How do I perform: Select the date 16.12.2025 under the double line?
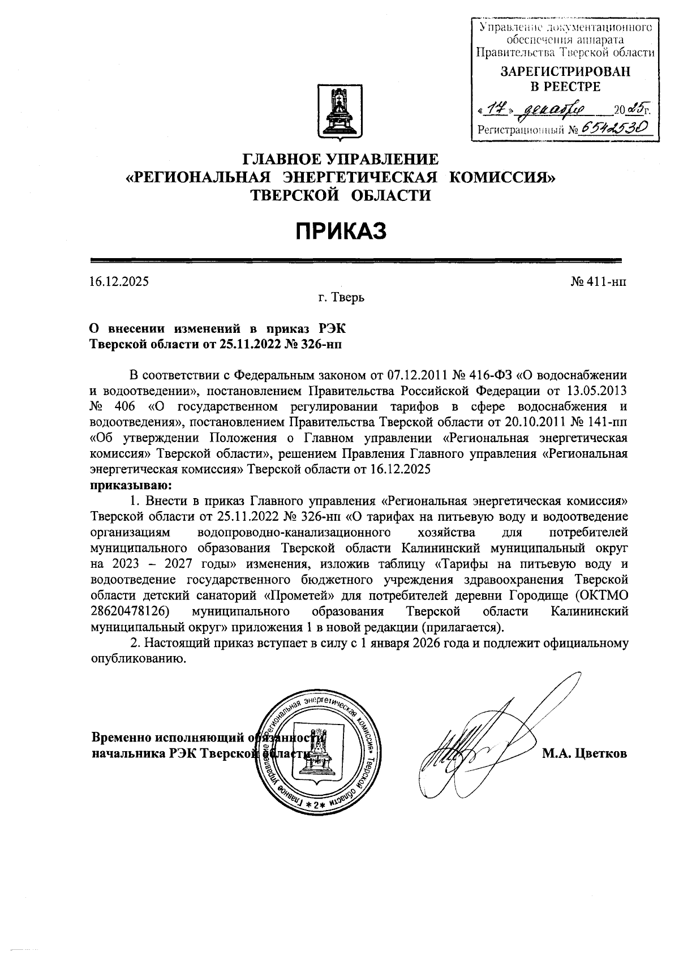coord(119,281)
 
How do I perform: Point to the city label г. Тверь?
coord(341,297)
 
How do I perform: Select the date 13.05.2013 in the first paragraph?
coord(594,391)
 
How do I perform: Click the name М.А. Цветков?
coord(585,753)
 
